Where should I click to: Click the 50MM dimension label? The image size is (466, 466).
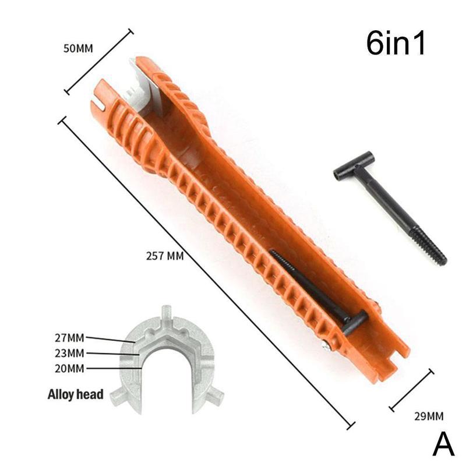coord(78,48)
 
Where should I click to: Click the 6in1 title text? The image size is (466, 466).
coord(396,44)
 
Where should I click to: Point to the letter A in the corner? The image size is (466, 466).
coord(443,446)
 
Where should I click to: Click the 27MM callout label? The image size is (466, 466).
coord(69,337)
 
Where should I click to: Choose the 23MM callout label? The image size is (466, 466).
coord(69,352)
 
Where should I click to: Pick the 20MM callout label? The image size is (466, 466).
coord(69,368)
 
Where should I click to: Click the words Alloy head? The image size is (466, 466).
coord(75,395)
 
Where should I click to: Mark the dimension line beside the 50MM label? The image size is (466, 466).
coord(99,61)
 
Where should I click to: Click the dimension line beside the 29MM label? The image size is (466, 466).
coord(411,390)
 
